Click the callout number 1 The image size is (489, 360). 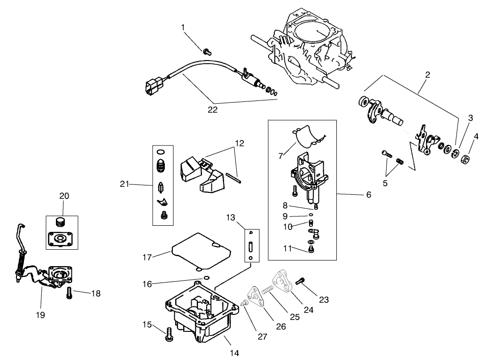[184, 28]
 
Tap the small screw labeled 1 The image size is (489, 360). [207, 52]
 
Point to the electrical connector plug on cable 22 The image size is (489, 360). [153, 87]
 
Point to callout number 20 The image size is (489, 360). [63, 195]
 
